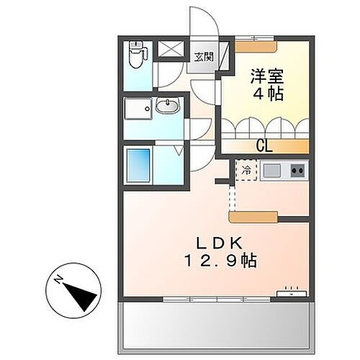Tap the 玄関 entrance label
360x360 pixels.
point(202,57)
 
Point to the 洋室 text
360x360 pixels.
point(265,75)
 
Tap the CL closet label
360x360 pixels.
point(264,147)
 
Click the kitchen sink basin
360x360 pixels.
point(271,171)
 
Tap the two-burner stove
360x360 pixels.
point(297,171)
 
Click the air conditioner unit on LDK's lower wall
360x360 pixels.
point(292,293)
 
